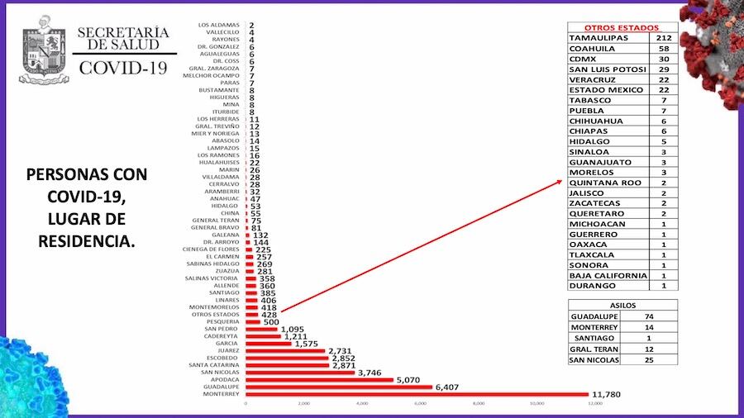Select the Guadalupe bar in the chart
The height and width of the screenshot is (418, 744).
(x=339, y=387)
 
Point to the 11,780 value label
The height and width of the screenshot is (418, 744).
(x=606, y=394)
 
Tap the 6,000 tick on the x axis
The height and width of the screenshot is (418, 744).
(x=420, y=404)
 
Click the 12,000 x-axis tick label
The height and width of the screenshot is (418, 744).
(x=594, y=404)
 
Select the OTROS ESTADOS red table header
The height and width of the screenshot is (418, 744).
(x=622, y=26)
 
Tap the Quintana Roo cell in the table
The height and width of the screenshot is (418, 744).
(x=603, y=182)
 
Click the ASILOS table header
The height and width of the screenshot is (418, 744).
(x=622, y=305)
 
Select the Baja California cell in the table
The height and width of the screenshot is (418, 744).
(x=608, y=275)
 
